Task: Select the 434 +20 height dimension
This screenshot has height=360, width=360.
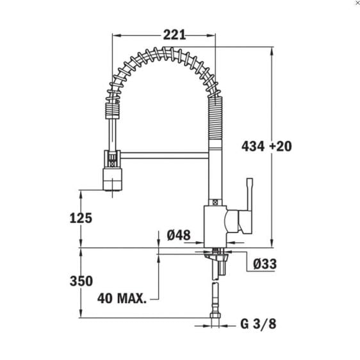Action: pyautogui.click(x=266, y=146)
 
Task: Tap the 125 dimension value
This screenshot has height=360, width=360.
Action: pyautogui.click(x=81, y=218)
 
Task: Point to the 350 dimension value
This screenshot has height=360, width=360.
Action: pyautogui.click(x=81, y=281)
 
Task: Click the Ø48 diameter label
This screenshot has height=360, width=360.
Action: pyautogui.click(x=179, y=235)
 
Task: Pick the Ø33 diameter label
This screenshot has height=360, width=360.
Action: pyautogui.click(x=264, y=263)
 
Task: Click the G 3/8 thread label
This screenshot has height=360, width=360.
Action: pyautogui.click(x=258, y=324)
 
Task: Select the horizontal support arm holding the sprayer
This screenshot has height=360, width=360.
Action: pyautogui.click(x=163, y=154)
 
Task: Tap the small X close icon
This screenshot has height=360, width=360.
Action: pyautogui.click(x=357, y=3)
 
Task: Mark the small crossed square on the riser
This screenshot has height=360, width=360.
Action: pyautogui.click(x=215, y=201)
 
